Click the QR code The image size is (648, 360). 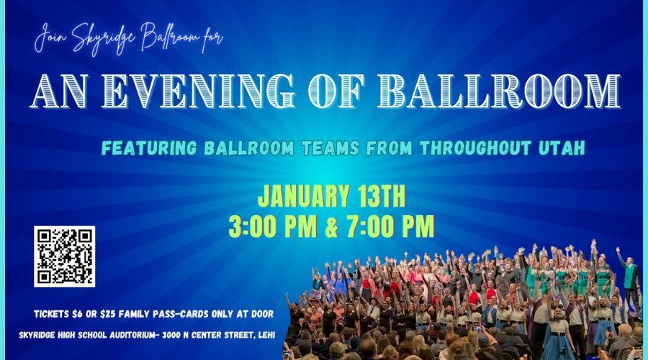[65, 256]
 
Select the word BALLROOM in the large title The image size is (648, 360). [505, 91]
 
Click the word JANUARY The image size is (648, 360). [300, 197]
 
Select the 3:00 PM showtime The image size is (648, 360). [273, 226]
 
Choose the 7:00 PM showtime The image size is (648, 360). [391, 226]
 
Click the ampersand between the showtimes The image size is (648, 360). [332, 227]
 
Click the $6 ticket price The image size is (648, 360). [77, 314]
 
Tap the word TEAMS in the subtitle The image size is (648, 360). [330, 148]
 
